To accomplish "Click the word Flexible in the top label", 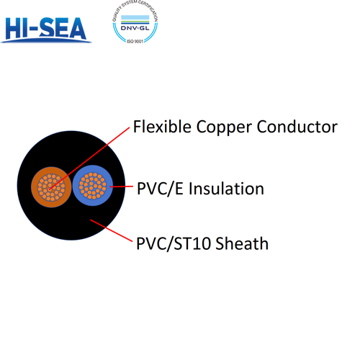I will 160,127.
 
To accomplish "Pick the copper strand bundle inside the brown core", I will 50,189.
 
